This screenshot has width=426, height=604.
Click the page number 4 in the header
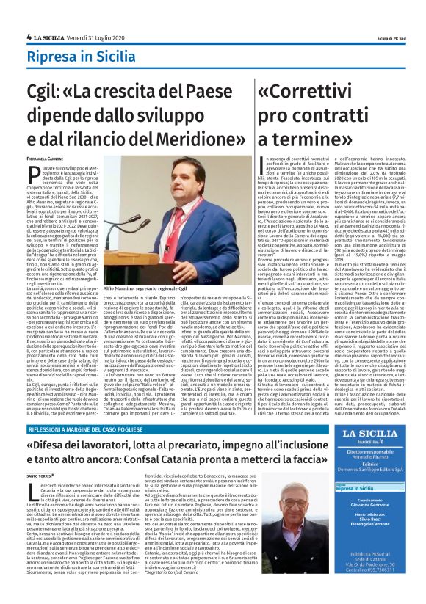(x=29, y=37)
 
